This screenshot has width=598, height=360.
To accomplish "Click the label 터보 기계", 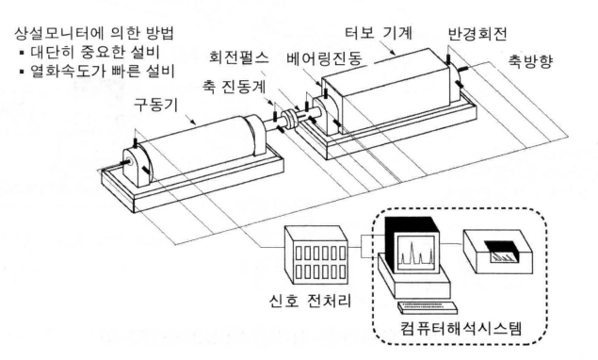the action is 379,33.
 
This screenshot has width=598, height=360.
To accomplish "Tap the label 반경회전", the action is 477,34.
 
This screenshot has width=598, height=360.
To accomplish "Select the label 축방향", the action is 530,61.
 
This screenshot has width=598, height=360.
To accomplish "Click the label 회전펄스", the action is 239,57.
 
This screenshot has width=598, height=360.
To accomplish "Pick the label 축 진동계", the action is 234,88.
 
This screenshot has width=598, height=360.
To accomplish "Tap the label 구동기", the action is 155,105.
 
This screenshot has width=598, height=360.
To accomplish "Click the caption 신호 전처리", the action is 310,302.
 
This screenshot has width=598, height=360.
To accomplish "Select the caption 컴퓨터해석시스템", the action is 461,328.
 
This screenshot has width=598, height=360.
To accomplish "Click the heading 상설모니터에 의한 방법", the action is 94,34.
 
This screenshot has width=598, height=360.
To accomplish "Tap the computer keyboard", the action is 428,306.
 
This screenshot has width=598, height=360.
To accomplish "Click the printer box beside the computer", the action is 498,252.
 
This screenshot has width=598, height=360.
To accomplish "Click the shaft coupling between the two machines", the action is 291,118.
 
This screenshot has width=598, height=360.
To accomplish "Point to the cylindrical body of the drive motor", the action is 199,148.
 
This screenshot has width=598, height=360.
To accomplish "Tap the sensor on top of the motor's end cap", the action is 135,143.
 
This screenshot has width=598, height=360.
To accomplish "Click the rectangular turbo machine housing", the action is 389,90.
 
